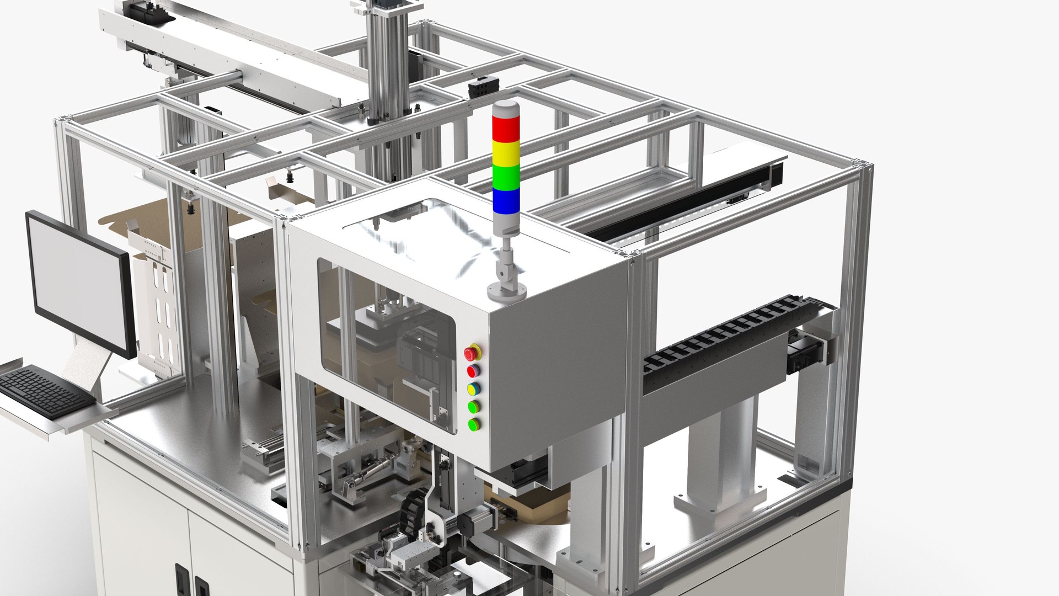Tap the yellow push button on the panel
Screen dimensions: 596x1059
tap(473, 389)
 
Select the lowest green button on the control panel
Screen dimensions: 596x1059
tap(473, 424)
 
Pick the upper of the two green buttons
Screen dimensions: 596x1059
tap(473, 407)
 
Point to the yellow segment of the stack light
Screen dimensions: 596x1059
tap(506, 153)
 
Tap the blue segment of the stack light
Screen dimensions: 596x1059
tap(506, 200)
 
